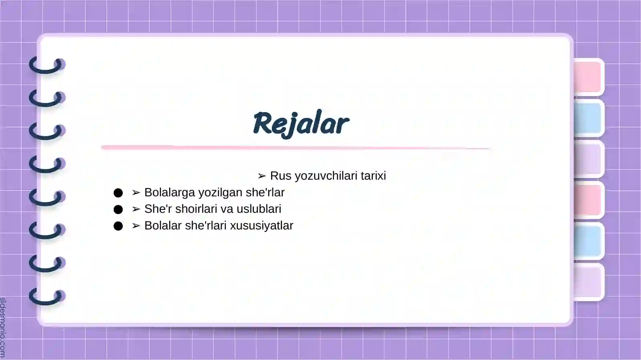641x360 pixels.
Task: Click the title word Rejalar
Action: tap(301, 123)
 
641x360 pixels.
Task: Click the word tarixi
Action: tap(373, 176)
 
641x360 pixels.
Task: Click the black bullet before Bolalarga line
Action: tap(118, 193)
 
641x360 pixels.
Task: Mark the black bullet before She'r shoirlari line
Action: tap(118, 209)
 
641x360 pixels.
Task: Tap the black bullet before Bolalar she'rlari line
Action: tap(118, 226)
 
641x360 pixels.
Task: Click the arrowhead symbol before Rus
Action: tap(262, 176)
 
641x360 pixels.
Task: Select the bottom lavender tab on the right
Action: tap(588, 282)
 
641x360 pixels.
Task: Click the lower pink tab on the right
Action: tap(588, 200)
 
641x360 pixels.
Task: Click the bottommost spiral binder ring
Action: tap(47, 297)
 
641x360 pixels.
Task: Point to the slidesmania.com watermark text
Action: tap(3, 328)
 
